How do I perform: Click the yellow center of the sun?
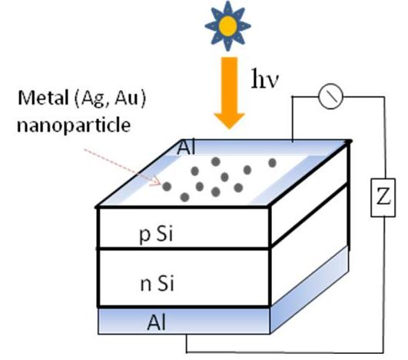(x=228, y=25)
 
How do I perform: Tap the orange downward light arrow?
(x=229, y=93)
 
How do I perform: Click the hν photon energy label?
(x=265, y=78)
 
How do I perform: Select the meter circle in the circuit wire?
(x=330, y=96)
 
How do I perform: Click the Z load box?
(x=383, y=198)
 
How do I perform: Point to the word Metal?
(x=43, y=98)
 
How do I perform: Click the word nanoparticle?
(x=74, y=125)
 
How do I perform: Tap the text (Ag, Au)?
(x=111, y=98)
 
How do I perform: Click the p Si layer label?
(x=157, y=234)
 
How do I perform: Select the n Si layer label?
(x=157, y=283)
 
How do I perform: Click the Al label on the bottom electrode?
(x=157, y=322)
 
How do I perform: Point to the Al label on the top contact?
(x=186, y=148)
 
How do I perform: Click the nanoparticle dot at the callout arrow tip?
(x=167, y=186)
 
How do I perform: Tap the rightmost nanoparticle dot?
(x=272, y=163)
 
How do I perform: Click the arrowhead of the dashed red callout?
(x=157, y=182)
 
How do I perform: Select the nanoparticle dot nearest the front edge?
(x=184, y=197)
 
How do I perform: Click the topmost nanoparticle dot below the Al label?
(x=216, y=162)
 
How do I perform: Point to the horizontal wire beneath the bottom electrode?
(x=285, y=353)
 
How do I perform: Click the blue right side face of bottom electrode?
(x=310, y=289)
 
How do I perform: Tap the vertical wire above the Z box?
(x=384, y=138)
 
